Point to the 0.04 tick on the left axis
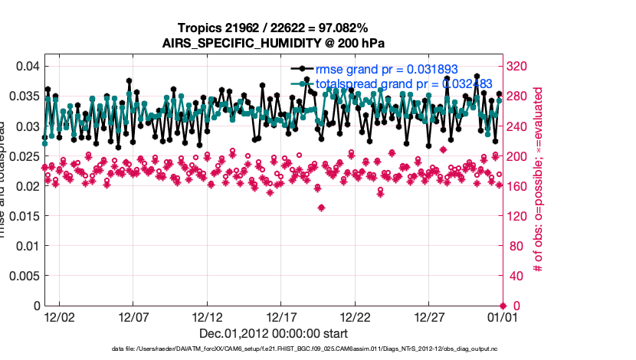tap(28, 67)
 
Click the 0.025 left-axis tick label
tap(25, 156)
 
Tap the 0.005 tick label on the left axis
tap(25, 276)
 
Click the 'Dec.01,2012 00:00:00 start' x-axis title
tap(274, 333)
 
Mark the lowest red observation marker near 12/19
tap(321, 208)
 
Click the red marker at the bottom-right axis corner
tap(502, 306)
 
